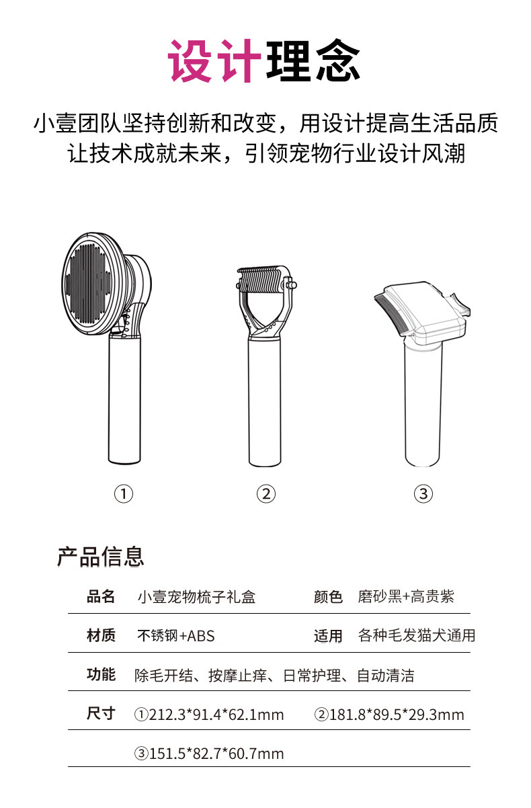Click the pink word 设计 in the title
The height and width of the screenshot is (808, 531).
[x=214, y=62]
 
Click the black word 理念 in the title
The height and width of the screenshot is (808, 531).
[x=313, y=62]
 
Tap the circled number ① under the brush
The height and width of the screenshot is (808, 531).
[x=124, y=494]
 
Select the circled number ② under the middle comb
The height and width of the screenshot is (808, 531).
[x=266, y=494]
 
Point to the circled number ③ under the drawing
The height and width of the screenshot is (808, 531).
[x=423, y=494]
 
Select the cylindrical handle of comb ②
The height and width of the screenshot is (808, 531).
[x=265, y=403]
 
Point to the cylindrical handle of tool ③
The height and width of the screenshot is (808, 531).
[x=423, y=410]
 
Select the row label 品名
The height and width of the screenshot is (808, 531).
[x=101, y=596]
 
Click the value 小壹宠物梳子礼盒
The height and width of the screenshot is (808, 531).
[x=196, y=597]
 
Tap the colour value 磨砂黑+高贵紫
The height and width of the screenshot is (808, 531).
[x=406, y=597]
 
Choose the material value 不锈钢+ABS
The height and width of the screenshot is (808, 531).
[x=176, y=636]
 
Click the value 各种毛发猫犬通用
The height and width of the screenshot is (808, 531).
[x=417, y=636]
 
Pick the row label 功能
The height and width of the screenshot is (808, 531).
[x=101, y=675]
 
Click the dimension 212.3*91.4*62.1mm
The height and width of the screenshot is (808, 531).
[x=210, y=715]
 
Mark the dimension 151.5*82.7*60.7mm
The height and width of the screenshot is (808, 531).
[x=210, y=754]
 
